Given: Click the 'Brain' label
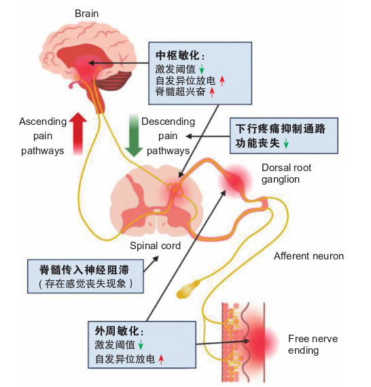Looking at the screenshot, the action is [x=86, y=14].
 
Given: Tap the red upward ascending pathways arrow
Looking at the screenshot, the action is [x=78, y=134].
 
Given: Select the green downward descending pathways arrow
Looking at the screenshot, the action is [x=134, y=135].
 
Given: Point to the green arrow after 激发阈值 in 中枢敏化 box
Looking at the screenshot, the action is [x=202, y=69].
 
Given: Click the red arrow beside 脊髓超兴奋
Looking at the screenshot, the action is [x=212, y=92].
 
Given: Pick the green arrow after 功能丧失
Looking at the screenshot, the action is [x=286, y=143].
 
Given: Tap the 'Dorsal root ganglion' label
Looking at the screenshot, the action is [x=286, y=173].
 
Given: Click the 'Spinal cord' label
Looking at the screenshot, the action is [x=155, y=246].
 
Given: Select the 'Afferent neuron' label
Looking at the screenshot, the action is [x=308, y=256].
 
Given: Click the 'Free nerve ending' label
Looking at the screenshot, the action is [x=313, y=344].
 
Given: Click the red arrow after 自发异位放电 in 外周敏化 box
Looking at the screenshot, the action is [x=161, y=359].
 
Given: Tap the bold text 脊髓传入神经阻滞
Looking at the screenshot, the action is [x=84, y=270].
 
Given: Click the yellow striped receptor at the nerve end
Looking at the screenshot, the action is [x=187, y=289].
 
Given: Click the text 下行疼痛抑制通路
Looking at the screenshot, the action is [x=281, y=128].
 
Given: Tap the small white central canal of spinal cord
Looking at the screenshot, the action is [x=156, y=210].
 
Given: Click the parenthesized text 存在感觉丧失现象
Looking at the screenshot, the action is [x=86, y=284].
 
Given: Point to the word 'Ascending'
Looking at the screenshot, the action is [x=43, y=122].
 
